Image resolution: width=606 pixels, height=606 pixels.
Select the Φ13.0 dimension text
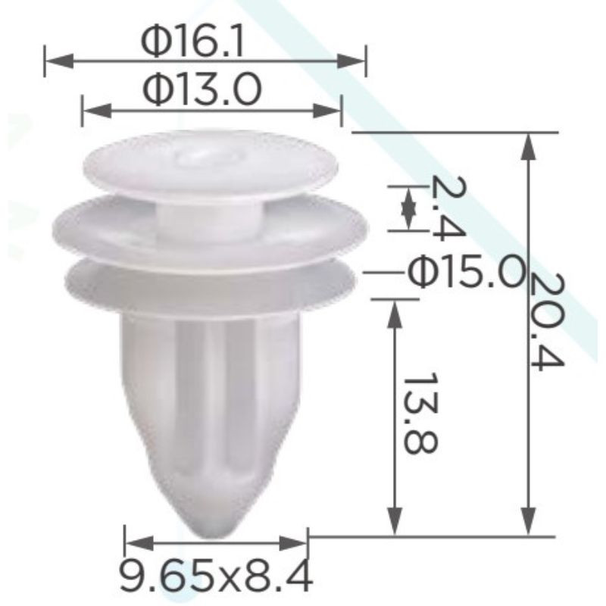pos(202,91)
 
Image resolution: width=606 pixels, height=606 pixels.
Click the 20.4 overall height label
pos(547,320)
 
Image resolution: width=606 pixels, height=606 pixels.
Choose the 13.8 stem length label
pos(420,413)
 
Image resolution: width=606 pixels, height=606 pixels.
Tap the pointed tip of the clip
pos(214,536)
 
